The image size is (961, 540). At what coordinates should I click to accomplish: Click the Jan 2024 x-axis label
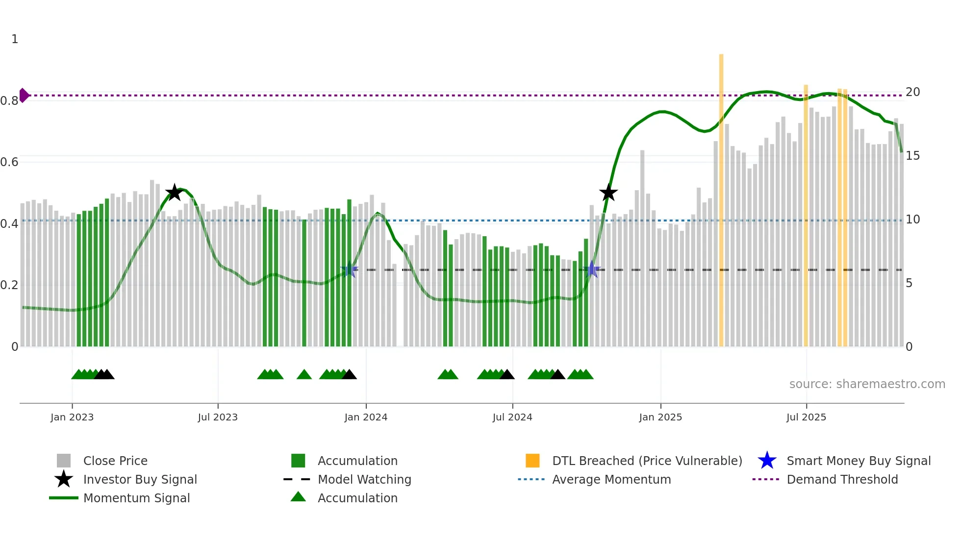[x=366, y=417]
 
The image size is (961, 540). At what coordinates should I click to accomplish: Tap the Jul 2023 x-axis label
[x=218, y=417]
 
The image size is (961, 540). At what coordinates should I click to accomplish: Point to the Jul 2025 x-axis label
[x=806, y=417]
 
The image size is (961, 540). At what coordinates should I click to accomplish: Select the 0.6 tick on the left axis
[x=9, y=162]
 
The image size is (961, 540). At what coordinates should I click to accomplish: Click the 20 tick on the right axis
[x=912, y=92]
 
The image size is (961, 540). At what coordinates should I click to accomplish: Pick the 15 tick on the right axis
[x=912, y=156]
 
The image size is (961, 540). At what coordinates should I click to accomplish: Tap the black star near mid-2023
[x=174, y=193]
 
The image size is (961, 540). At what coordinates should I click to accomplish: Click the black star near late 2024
[x=608, y=193]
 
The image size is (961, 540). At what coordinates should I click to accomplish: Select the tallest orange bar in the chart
[x=721, y=196]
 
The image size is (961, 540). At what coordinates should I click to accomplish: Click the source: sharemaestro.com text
[x=867, y=384]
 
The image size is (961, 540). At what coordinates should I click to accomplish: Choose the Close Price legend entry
[x=115, y=461]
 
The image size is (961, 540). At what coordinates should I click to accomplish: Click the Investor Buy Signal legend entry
[x=140, y=480]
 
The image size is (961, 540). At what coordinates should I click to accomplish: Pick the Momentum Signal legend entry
[x=136, y=498]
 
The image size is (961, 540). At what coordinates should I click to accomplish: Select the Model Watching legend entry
[x=364, y=480]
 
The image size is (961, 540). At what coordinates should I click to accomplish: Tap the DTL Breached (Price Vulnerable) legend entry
[x=647, y=461]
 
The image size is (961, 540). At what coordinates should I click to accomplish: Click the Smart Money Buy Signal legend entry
[x=858, y=461]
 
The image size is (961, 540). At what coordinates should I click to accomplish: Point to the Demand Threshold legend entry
[x=842, y=480]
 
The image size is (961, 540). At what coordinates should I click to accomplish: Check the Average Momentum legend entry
[x=611, y=480]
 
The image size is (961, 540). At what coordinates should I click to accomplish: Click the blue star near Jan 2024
[x=349, y=270]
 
